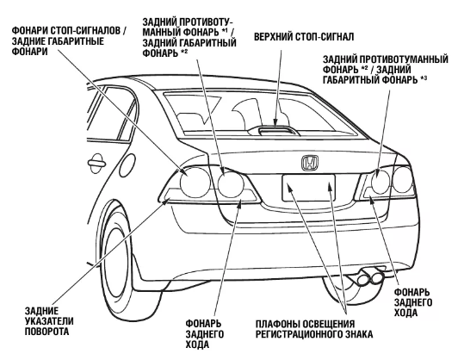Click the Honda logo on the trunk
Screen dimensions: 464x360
click(x=310, y=163)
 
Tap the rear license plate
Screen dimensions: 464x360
click(x=309, y=188)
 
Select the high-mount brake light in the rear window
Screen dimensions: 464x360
click(x=275, y=130)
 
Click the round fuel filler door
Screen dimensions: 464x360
click(x=127, y=164)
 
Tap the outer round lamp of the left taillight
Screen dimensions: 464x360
click(x=195, y=183)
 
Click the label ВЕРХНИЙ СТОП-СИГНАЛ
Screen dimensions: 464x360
click(x=304, y=37)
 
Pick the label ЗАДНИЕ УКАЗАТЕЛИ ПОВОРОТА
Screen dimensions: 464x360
click(x=49, y=321)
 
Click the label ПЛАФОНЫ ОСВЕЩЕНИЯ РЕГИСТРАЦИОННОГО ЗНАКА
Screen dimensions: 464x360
click(x=314, y=329)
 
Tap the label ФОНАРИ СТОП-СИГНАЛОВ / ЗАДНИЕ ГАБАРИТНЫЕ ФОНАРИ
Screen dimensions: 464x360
click(x=69, y=40)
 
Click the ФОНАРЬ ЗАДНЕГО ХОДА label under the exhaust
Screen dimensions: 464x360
click(x=413, y=302)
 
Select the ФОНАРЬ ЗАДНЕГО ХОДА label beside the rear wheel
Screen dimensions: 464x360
click(x=205, y=334)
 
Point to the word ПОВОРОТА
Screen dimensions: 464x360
click(x=46, y=331)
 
